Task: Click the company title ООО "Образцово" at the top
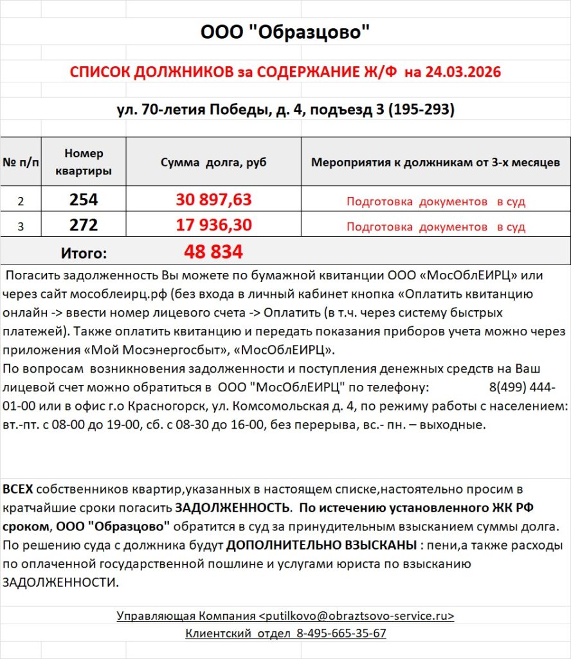pos(285,32)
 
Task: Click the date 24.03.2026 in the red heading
pos(461,72)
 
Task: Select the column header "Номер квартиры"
pos(84,162)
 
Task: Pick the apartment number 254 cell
pos(84,200)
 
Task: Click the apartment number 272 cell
pos(84,225)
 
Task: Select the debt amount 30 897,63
pos(213,200)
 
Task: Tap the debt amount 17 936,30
pos(213,225)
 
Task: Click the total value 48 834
pos(213,252)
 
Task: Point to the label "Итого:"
pos(84,252)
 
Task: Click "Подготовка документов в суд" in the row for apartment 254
pos(435,201)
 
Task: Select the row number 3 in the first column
pos(21,227)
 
